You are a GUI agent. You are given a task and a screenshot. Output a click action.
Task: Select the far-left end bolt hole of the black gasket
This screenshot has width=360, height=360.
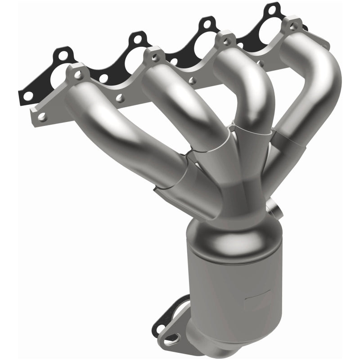point(27,95)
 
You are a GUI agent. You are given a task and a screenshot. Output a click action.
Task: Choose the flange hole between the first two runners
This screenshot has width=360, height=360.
point(120,96)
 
